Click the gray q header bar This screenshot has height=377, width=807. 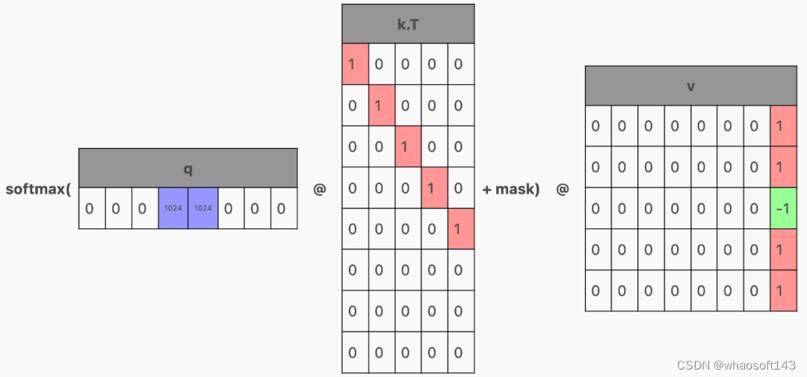[188, 168]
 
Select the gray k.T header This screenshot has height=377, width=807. [408, 23]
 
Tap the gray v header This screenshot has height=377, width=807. [690, 86]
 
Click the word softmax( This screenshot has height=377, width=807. [38, 189]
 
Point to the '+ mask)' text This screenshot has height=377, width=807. [511, 189]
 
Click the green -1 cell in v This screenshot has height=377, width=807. [783, 209]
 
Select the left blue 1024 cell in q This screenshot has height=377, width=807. [173, 208]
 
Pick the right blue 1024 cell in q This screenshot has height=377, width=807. [202, 208]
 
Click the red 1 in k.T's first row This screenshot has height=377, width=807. [355, 63]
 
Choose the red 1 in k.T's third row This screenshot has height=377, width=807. [408, 146]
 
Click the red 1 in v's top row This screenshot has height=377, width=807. [783, 126]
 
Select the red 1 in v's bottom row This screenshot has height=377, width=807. [783, 290]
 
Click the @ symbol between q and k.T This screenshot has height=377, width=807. [320, 190]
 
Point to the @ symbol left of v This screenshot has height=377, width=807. [562, 190]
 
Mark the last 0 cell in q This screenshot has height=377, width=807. [283, 208]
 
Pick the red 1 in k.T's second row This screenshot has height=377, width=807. [382, 105]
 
